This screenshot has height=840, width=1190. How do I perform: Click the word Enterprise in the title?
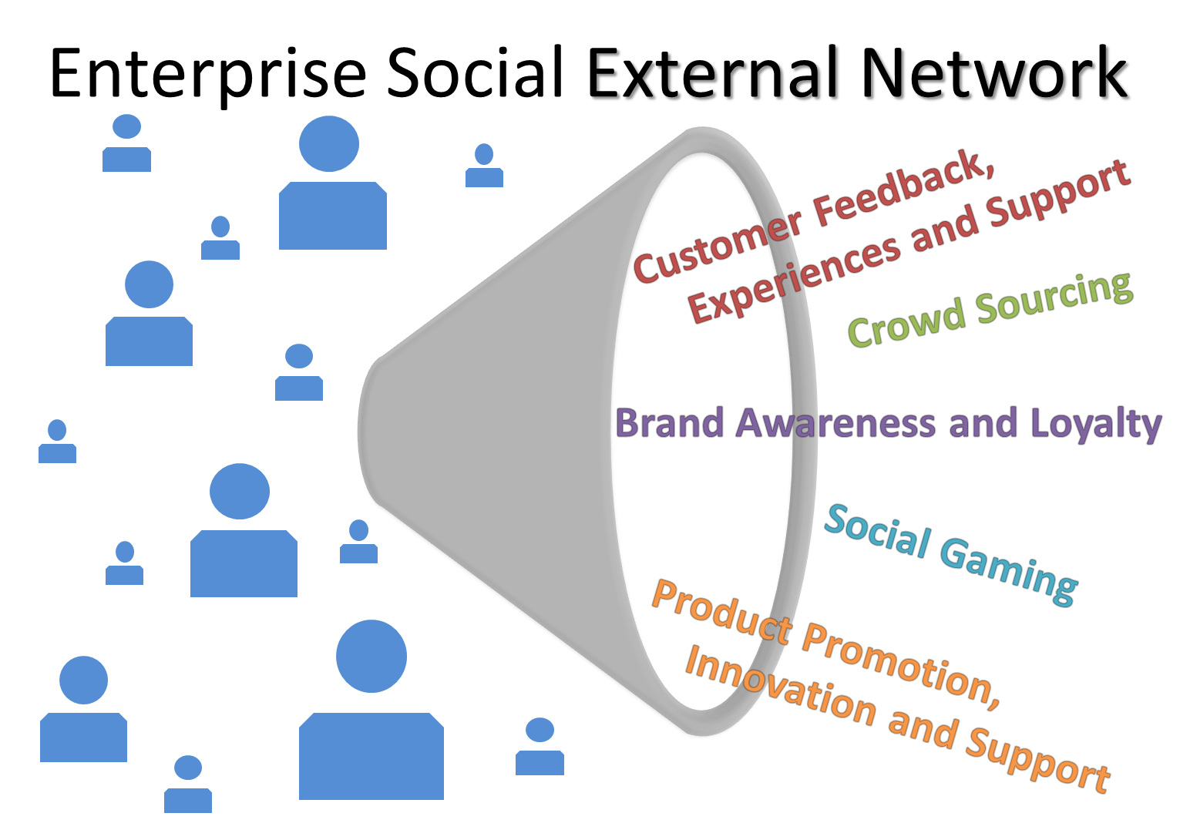[208, 75]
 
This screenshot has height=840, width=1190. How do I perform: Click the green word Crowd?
[906, 322]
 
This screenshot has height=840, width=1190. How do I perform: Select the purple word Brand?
[669, 423]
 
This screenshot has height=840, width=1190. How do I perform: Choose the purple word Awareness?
[835, 423]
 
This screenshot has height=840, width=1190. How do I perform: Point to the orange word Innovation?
[781, 685]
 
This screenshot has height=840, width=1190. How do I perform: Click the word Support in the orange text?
[1038, 760]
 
